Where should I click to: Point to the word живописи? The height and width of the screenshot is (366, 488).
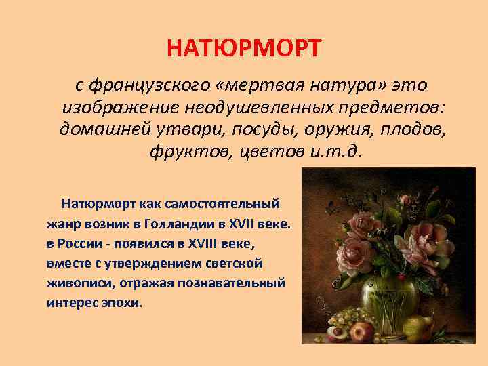coord(77,281)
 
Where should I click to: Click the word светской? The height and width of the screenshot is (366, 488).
coord(238,262)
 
